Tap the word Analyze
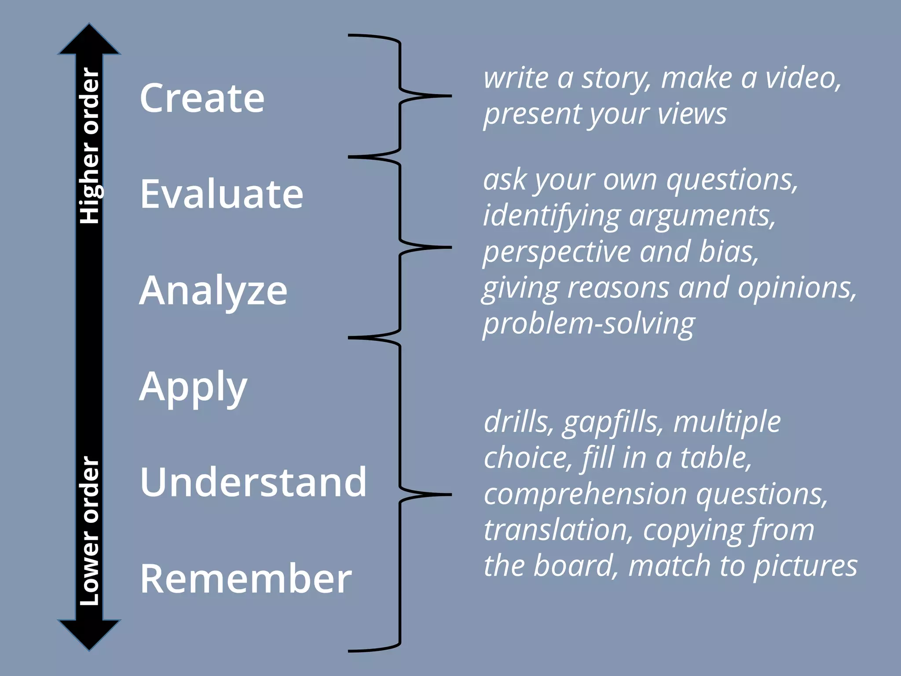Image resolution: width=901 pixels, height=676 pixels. click(x=213, y=290)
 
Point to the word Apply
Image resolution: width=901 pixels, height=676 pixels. click(x=193, y=387)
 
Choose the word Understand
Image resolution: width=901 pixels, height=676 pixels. click(x=253, y=482)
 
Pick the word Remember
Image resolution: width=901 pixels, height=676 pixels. click(x=245, y=579)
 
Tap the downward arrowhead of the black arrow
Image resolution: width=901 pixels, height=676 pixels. click(x=89, y=634)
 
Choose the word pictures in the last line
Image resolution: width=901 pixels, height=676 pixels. click(x=805, y=566)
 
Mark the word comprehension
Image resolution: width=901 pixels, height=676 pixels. click(x=585, y=494)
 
